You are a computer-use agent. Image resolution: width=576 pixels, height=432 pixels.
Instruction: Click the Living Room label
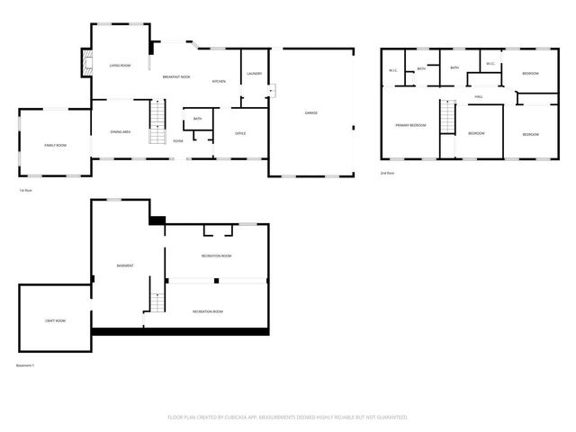(121, 66)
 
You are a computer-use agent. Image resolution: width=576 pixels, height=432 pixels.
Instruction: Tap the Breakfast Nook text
(176, 77)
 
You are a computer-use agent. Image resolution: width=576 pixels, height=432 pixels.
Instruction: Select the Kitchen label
(219, 82)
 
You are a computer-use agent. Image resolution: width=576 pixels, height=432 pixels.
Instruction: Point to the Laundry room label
(254, 74)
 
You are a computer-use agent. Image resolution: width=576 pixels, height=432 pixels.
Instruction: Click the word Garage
(310, 112)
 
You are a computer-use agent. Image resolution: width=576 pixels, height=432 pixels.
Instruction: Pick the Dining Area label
(121, 132)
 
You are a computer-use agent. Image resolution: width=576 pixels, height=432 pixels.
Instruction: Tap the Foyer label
(178, 141)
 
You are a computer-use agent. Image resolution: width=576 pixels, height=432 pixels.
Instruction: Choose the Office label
(240, 133)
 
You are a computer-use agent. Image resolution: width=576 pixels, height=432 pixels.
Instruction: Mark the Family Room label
(56, 145)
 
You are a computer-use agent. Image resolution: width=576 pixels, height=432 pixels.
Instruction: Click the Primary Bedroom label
(410, 125)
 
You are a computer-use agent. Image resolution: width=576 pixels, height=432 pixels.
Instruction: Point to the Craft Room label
(55, 320)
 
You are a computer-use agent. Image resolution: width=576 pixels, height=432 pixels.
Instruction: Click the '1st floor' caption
(25, 191)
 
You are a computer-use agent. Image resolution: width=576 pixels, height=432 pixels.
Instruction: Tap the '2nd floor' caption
(388, 172)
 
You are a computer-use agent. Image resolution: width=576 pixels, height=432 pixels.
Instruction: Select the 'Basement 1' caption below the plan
(25, 365)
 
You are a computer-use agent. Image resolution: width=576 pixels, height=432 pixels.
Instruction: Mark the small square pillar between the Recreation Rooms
(216, 281)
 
